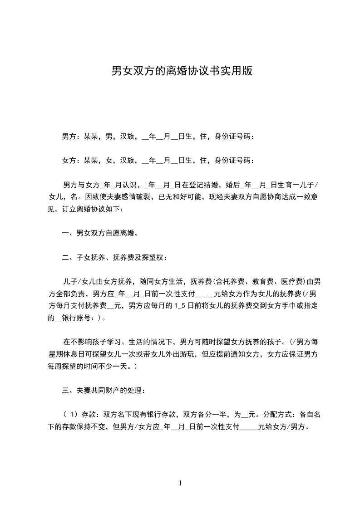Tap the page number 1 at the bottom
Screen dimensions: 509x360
tap(180, 483)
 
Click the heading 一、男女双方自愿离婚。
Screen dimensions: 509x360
tap(100, 234)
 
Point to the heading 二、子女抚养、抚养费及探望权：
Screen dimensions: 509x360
tap(114, 258)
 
